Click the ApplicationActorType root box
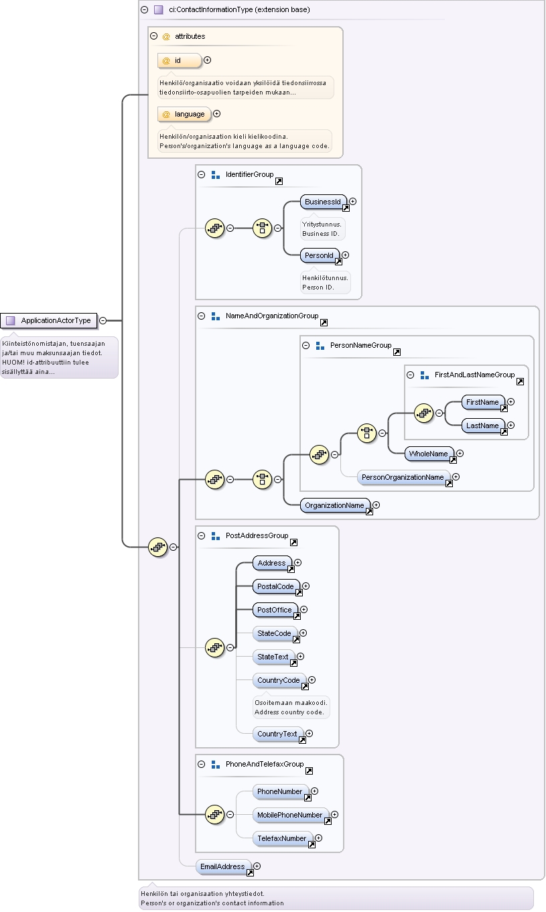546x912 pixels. pyautogui.click(x=48, y=320)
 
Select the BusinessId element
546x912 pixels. pyautogui.click(x=324, y=202)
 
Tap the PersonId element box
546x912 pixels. pyautogui.click(x=320, y=255)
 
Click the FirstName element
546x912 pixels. pyautogui.click(x=483, y=402)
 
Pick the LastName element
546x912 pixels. pyautogui.click(x=483, y=426)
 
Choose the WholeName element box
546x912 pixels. pyautogui.click(x=429, y=454)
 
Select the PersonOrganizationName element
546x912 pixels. pyautogui.click(x=403, y=477)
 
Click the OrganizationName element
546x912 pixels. pyautogui.click(x=335, y=505)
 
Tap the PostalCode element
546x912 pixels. pyautogui.click(x=276, y=586)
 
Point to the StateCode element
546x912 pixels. pyautogui.click(x=275, y=633)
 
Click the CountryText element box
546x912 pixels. pyautogui.click(x=277, y=734)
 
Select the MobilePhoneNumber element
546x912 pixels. pyautogui.click(x=290, y=815)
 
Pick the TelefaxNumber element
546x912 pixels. pyautogui.click(x=283, y=838)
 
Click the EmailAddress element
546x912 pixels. pyautogui.click(x=223, y=866)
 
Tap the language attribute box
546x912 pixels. pyautogui.click(x=184, y=114)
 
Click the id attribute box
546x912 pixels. pyautogui.click(x=180, y=61)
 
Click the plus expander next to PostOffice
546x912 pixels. pyautogui.click(x=303, y=610)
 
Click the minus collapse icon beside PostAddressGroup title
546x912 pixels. pyautogui.click(x=201, y=535)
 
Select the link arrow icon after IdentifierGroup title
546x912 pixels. pyautogui.click(x=279, y=181)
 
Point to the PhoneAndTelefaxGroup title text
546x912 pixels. pyautogui.click(x=265, y=764)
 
